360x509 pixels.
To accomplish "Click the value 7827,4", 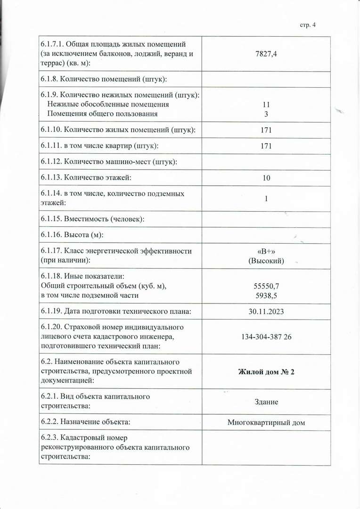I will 266,54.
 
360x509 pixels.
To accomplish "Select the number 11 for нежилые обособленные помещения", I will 266,105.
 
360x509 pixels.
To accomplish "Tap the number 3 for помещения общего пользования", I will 266,114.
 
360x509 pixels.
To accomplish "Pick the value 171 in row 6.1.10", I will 266,130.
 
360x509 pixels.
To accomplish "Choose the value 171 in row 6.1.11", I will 266,146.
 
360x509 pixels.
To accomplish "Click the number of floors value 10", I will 266,178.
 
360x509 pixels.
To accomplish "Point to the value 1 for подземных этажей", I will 266,198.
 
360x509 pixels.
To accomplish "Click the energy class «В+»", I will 266,251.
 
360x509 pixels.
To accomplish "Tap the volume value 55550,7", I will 266,286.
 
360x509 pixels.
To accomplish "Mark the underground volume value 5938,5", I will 266,296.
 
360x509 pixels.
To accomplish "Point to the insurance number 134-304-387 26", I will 266,337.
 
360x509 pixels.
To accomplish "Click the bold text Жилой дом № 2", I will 266,372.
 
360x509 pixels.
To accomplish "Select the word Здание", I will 266,402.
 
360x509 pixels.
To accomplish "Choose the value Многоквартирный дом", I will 266,422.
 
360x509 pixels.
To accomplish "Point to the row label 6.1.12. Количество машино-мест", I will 109,162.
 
